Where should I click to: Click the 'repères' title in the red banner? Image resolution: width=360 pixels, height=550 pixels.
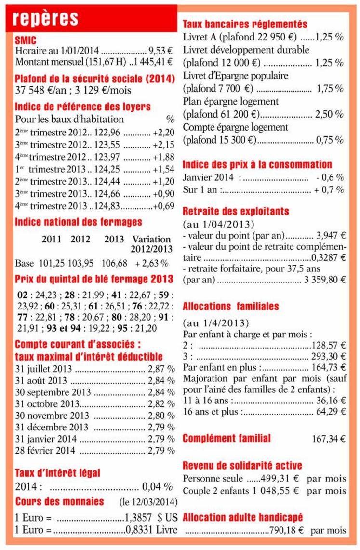(46, 18)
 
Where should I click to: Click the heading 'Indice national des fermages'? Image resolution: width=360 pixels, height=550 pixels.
(79, 222)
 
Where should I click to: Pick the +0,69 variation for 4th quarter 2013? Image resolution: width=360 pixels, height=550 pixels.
(163, 206)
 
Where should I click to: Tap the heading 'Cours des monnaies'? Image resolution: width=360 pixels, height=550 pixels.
(59, 501)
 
